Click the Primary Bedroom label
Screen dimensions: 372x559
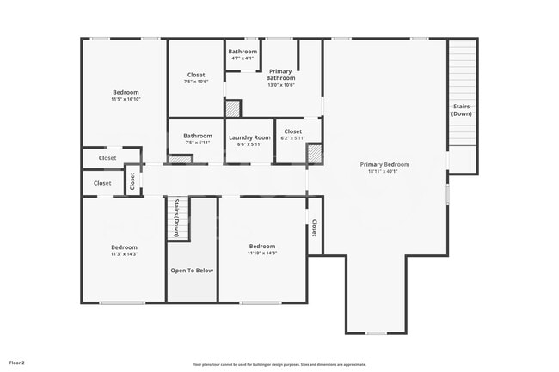[384, 164]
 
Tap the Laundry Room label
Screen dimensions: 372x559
[249, 137]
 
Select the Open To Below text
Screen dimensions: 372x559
[192, 271]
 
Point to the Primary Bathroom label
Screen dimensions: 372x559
[281, 74]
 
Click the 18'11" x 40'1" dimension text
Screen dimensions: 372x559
[384, 171]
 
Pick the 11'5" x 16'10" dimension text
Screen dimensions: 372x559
[126, 99]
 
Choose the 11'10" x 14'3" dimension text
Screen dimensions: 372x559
[262, 253]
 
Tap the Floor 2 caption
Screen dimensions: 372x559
[17, 363]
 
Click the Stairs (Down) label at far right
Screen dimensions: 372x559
[462, 110]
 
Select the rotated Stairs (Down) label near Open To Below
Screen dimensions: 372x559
[176, 218]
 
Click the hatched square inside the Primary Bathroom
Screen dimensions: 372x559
[232, 108]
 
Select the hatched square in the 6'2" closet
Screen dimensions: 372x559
[315, 154]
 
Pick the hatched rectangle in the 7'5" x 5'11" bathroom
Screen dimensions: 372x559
[180, 159]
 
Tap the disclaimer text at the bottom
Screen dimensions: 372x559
[279, 364]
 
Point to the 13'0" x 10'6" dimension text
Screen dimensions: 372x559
[281, 85]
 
